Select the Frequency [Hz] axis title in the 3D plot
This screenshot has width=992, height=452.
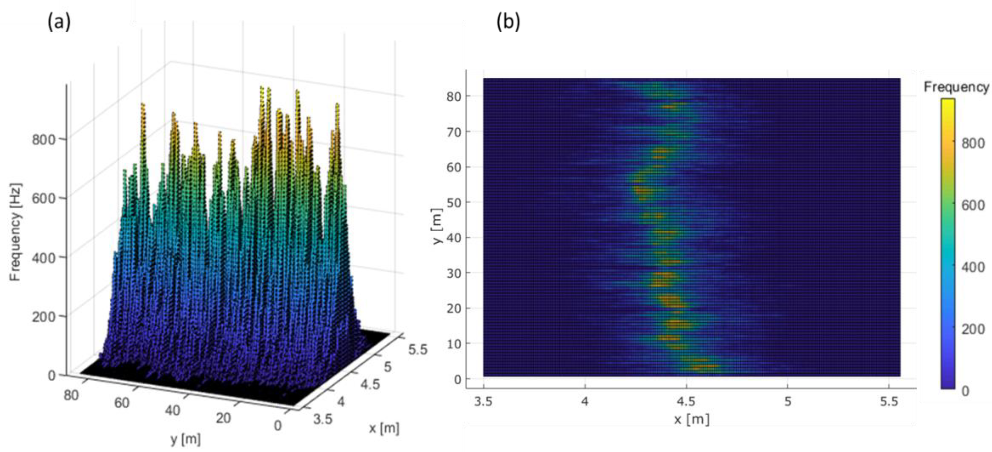point(15,232)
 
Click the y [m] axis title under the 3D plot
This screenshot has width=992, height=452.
point(186,439)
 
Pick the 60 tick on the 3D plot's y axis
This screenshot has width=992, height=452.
point(122,403)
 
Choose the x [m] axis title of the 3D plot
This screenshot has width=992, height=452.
point(384,428)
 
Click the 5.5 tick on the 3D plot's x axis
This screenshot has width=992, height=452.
point(418,349)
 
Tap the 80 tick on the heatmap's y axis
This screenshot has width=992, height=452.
point(454,96)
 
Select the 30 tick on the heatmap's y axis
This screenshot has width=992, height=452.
point(454,273)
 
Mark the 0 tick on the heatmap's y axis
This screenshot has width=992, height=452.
point(457,379)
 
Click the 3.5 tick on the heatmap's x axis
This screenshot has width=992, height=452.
point(483,402)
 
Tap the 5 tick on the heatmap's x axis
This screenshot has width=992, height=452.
point(787,402)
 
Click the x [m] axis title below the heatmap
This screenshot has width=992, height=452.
point(692,419)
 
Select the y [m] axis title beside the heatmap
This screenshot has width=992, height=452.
point(437,226)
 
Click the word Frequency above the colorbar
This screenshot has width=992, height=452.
point(956,87)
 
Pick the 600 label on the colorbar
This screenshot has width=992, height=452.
point(973,205)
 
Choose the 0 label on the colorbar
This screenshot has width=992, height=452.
point(965,391)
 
